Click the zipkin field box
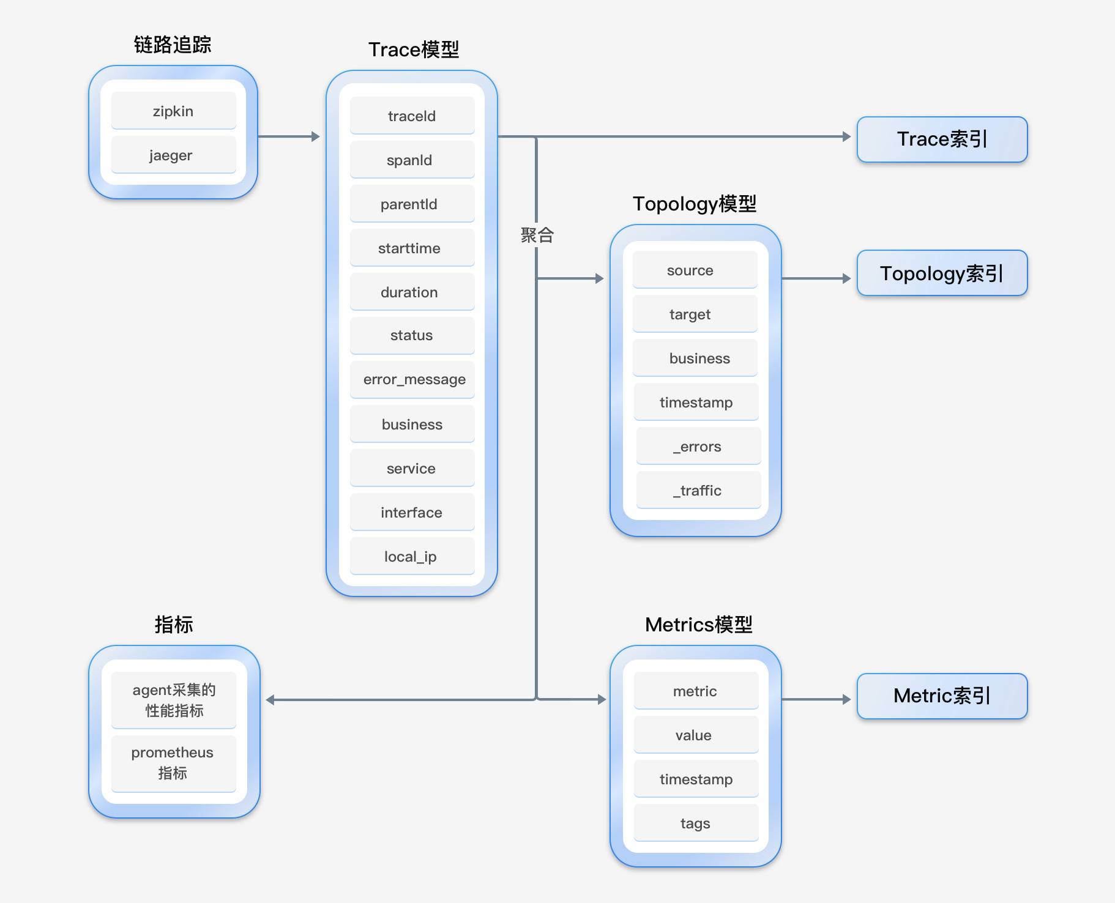coord(174,111)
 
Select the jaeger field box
coord(174,155)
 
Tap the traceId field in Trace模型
coord(412,116)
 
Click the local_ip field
coord(412,556)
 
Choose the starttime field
coord(412,248)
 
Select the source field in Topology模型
coord(695,270)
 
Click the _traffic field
coord(699,490)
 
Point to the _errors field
coord(699,446)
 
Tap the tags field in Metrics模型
coord(696,823)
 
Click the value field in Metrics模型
coord(696,735)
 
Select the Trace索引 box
coord(942,139)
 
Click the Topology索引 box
coord(942,273)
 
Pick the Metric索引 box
coord(942,696)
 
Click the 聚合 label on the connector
coord(537,235)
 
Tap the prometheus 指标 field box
coord(174,763)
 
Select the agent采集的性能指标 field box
coord(174,700)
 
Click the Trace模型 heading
coord(414,50)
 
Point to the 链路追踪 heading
coord(173,45)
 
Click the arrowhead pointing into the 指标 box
coord(270,700)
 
